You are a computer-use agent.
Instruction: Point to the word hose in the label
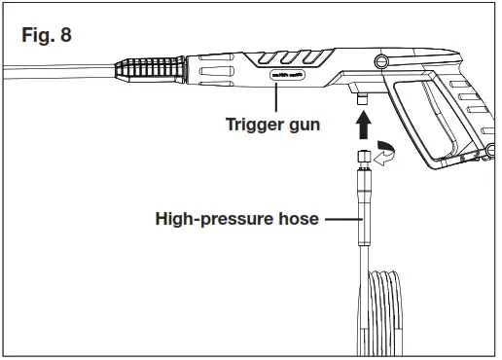296,219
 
